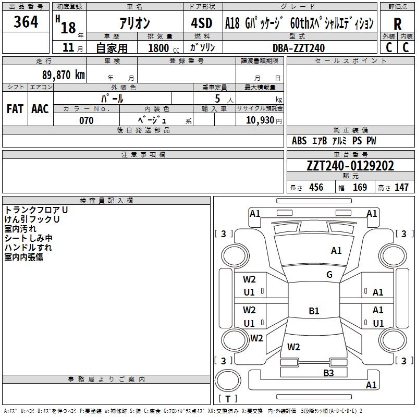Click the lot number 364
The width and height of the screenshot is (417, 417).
26,22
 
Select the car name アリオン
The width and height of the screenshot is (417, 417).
134,23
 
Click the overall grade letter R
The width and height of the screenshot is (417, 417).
398,23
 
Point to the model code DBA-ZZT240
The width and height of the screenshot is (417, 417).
299,48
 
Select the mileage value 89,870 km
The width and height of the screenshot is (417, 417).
63,75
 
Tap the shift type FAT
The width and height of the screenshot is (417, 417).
15,109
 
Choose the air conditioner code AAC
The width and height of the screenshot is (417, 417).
40,109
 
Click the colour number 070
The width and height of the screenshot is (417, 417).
86,120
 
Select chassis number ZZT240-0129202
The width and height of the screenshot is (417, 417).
350,166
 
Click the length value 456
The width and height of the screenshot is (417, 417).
316,188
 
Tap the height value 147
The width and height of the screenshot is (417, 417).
401,188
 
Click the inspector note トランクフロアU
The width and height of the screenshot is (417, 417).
36,210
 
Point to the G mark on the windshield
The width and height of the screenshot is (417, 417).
329,275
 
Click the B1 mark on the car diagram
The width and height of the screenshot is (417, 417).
314,311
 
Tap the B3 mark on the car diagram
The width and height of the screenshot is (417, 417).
328,373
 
